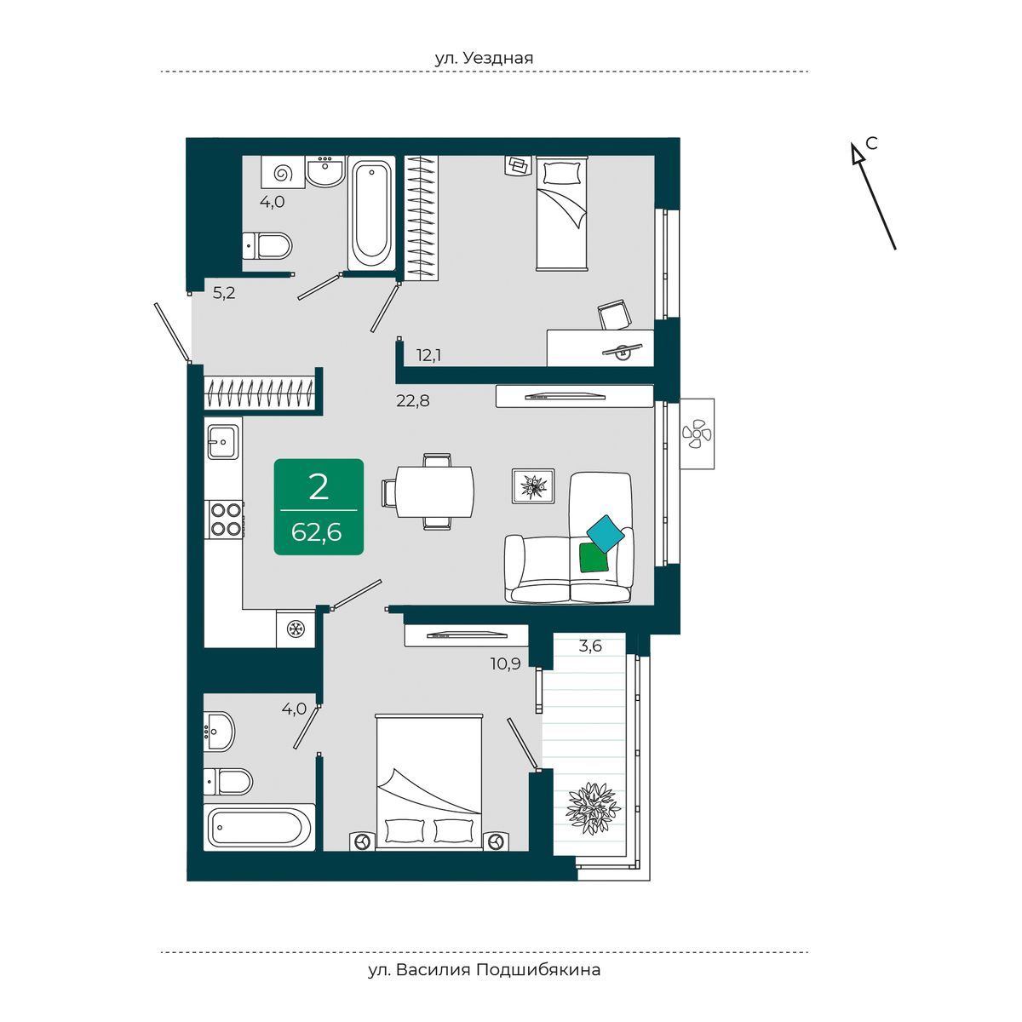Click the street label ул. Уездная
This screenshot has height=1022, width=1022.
(484, 58)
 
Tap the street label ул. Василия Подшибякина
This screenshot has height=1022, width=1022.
(485, 970)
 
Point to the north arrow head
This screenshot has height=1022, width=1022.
(856, 154)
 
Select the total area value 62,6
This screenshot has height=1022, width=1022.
(316, 532)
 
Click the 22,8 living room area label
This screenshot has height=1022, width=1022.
(412, 400)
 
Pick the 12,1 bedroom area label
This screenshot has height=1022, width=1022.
(428, 355)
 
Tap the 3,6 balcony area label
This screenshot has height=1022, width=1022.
(590, 646)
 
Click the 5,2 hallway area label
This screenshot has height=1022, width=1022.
(224, 292)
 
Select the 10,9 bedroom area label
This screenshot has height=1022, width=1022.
(505, 663)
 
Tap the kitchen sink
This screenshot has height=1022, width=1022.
(223, 441)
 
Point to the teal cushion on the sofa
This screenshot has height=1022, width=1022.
(606, 533)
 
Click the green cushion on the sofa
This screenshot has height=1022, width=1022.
(594, 557)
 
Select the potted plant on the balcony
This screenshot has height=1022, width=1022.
(593, 809)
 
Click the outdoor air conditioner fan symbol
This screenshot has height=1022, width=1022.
(697, 433)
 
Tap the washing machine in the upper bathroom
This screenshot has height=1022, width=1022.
(283, 172)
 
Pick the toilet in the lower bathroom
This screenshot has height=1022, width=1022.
(228, 781)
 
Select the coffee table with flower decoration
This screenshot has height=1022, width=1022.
(533, 485)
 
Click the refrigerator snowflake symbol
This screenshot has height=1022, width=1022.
(296, 629)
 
